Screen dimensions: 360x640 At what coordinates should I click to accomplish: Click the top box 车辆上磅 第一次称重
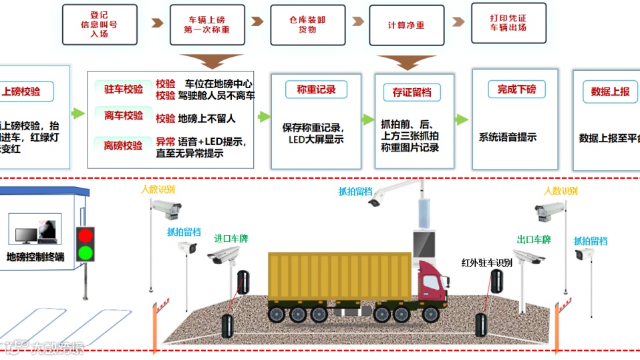click(x=206, y=25)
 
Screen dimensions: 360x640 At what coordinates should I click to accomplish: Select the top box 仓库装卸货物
click(x=307, y=25)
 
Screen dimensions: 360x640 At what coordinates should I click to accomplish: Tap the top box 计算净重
click(x=406, y=25)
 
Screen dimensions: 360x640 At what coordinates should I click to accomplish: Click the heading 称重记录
click(x=316, y=89)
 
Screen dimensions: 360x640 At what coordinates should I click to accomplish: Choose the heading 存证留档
click(x=412, y=92)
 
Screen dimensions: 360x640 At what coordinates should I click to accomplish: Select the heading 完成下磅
click(x=516, y=89)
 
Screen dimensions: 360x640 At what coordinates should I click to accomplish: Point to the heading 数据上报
click(x=610, y=92)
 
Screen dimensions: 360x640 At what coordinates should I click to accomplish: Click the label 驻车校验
click(x=124, y=89)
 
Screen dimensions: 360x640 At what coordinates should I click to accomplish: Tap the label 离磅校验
click(x=124, y=144)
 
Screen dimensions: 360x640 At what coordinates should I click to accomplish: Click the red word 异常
click(x=166, y=142)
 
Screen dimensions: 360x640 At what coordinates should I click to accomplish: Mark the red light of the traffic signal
click(x=85, y=236)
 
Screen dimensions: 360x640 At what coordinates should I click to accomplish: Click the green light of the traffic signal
click(x=85, y=252)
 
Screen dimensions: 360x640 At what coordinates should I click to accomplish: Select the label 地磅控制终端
click(x=35, y=256)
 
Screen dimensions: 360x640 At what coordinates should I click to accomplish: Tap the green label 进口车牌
click(x=230, y=238)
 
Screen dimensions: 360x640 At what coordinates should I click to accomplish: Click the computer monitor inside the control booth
click(x=27, y=235)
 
